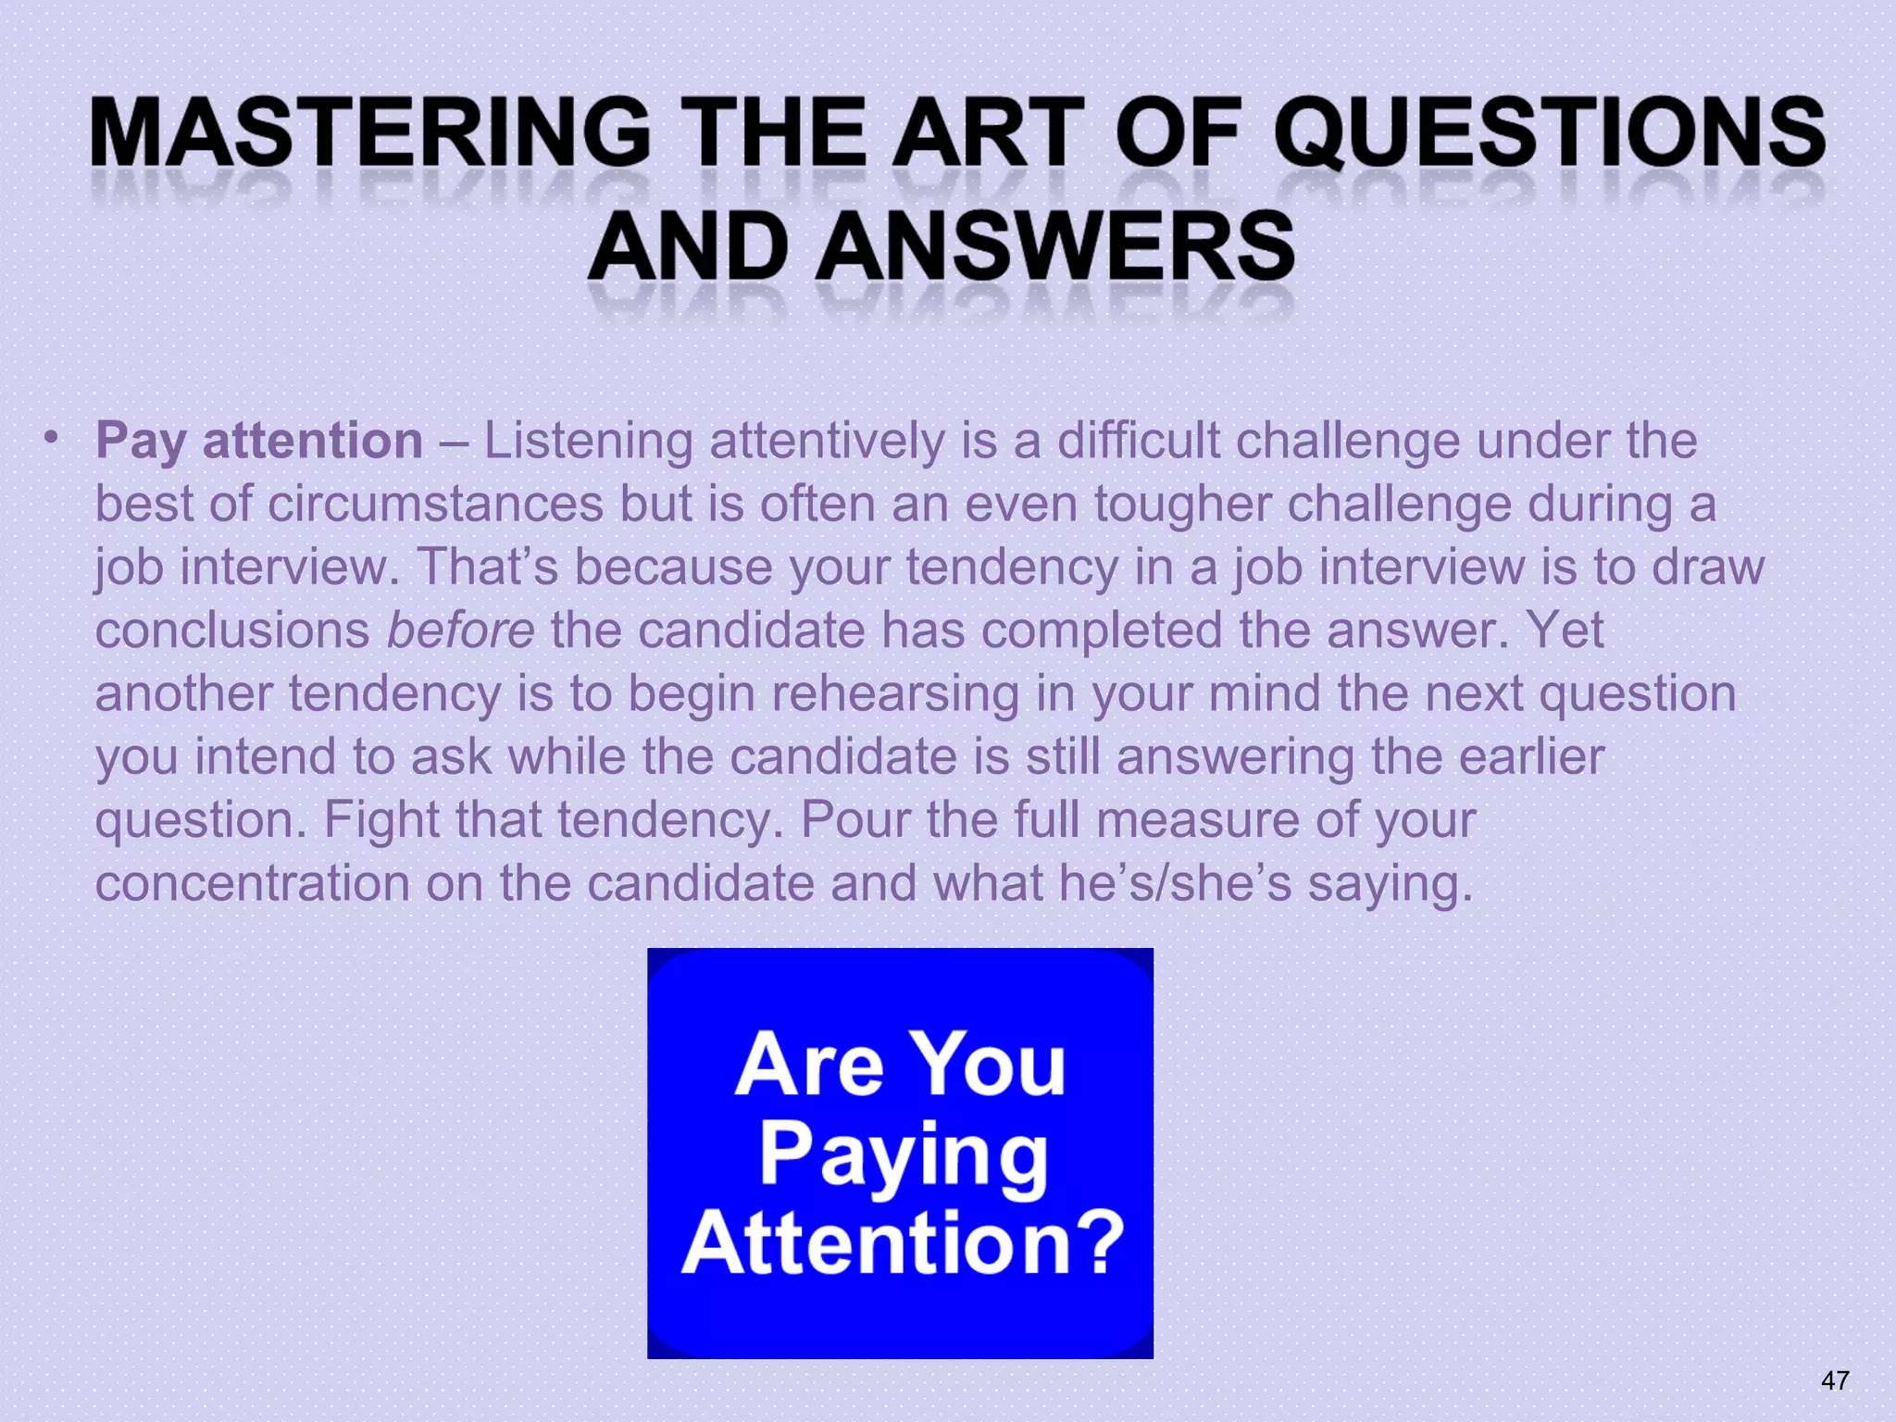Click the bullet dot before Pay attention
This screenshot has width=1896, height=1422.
point(53,436)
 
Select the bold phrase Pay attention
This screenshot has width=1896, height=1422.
point(259,441)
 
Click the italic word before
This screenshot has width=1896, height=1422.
point(460,630)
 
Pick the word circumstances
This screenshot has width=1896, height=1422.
point(435,505)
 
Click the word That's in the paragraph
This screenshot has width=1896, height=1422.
point(487,567)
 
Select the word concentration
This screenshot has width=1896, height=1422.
point(252,882)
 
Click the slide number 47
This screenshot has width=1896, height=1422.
point(1835,1380)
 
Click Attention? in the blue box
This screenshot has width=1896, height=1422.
point(903,1242)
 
